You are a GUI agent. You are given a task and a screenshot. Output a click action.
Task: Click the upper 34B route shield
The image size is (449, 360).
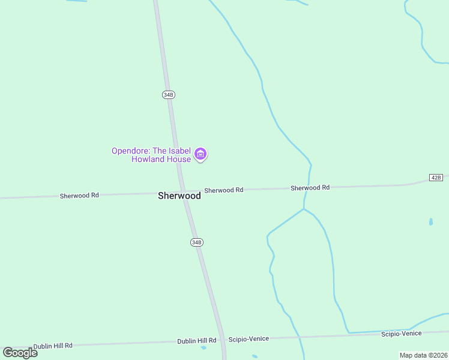tap(168, 95)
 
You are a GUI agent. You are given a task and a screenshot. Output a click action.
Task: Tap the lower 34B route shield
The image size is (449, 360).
tap(196, 242)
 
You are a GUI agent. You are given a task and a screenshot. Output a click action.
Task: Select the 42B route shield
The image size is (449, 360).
tap(436, 177)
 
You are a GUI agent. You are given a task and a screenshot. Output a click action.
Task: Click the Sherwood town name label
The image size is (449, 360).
tap(179, 196)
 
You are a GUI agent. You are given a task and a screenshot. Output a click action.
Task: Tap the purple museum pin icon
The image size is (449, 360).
tap(201, 155)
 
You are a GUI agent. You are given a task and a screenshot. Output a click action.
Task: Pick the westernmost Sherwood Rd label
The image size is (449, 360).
tap(79, 196)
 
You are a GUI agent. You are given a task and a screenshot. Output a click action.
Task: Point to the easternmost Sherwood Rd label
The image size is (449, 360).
tap(310, 188)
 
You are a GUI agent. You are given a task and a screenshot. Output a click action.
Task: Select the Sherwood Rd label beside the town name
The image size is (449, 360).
tap(223, 190)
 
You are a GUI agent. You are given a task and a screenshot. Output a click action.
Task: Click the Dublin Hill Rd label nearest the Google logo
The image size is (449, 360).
tap(53, 346)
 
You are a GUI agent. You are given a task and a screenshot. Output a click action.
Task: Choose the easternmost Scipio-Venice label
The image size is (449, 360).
tap(401, 333)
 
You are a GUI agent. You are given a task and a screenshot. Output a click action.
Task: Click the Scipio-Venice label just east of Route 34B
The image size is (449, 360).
tap(249, 338)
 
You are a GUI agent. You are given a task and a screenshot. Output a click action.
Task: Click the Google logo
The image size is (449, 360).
tap(20, 352)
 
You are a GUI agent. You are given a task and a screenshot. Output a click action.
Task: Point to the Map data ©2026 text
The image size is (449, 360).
tap(423, 355)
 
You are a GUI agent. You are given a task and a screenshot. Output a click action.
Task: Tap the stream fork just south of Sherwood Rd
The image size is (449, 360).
tap(304, 209)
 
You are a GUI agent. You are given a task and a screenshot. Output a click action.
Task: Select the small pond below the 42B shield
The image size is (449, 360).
tap(431, 221)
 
